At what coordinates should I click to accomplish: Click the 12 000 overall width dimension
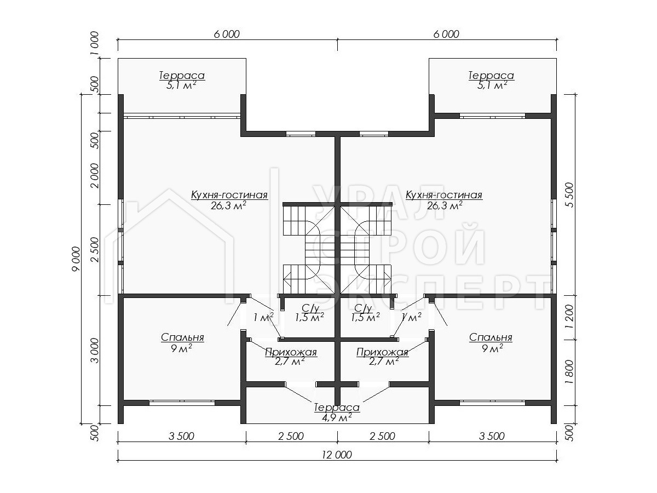coord(337,455)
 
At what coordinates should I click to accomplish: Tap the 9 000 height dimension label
coord(76,259)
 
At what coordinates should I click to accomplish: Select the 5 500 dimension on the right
coord(570,194)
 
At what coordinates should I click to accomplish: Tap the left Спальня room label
coord(182,342)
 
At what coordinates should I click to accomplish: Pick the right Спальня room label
coord(491,342)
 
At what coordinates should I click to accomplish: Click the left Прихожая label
coord(291,357)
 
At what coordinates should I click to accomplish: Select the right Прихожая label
coord(382,357)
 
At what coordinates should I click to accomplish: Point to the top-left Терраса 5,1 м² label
coord(182,80)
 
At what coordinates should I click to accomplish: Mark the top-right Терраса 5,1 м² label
coord(491,80)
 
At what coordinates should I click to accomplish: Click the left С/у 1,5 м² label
coord(309,312)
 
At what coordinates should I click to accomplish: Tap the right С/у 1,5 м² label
coord(365,312)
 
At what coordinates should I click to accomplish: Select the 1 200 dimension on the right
coord(570,317)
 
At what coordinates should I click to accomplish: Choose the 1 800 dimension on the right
coord(570,372)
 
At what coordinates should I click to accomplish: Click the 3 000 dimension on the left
coord(95,351)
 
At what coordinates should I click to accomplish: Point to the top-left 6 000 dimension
coord(227,34)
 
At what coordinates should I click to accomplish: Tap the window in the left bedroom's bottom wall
coord(182,403)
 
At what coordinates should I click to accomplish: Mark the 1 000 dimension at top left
coord(94,43)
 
